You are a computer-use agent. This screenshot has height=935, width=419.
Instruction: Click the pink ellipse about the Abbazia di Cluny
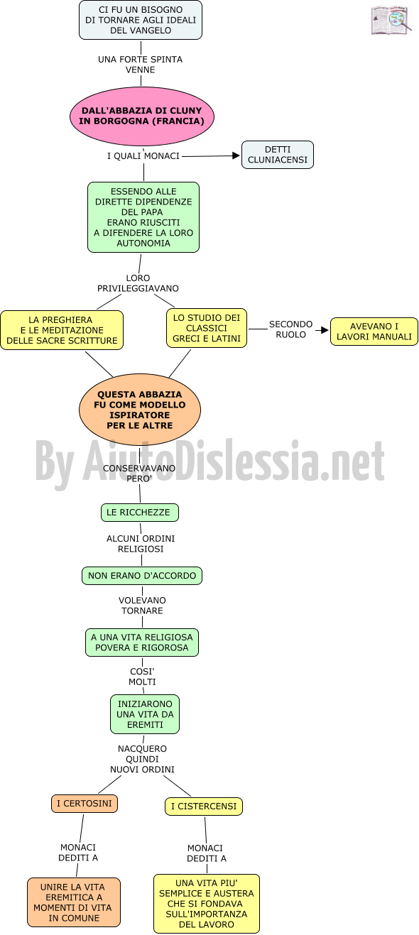(x=141, y=116)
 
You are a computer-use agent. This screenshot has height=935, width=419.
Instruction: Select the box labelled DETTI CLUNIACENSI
(x=278, y=155)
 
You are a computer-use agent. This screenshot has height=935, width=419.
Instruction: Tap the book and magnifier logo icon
(x=391, y=20)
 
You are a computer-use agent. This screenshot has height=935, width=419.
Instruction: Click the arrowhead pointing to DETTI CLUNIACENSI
(x=236, y=155)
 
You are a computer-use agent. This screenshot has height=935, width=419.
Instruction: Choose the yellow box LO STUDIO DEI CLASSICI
(x=207, y=328)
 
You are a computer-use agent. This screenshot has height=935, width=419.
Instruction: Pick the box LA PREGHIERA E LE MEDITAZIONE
(x=62, y=330)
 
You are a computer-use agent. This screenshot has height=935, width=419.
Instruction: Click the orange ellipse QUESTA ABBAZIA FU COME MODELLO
(x=139, y=410)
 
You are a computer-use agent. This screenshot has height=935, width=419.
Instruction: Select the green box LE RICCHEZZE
(x=139, y=513)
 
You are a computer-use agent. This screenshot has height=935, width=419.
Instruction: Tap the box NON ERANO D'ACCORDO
(x=142, y=576)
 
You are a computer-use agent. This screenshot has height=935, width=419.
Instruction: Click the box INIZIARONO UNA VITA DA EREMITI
(x=145, y=714)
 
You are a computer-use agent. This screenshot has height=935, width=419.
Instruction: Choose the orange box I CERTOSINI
(x=85, y=804)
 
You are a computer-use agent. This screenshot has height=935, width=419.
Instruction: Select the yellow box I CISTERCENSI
(x=204, y=806)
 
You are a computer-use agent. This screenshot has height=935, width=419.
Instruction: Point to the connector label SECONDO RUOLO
(x=290, y=329)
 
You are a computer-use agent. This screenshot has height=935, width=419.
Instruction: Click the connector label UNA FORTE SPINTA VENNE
(x=141, y=65)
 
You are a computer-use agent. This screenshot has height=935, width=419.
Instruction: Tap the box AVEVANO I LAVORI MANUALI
(x=374, y=332)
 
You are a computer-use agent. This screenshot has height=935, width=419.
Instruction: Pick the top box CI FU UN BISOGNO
(x=141, y=20)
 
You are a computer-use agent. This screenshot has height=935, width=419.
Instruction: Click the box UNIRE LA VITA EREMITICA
(x=74, y=902)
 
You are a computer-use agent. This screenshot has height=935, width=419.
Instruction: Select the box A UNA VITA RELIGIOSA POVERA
(x=142, y=643)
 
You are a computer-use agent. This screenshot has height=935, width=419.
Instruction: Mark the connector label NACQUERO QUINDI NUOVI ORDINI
(x=142, y=759)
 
